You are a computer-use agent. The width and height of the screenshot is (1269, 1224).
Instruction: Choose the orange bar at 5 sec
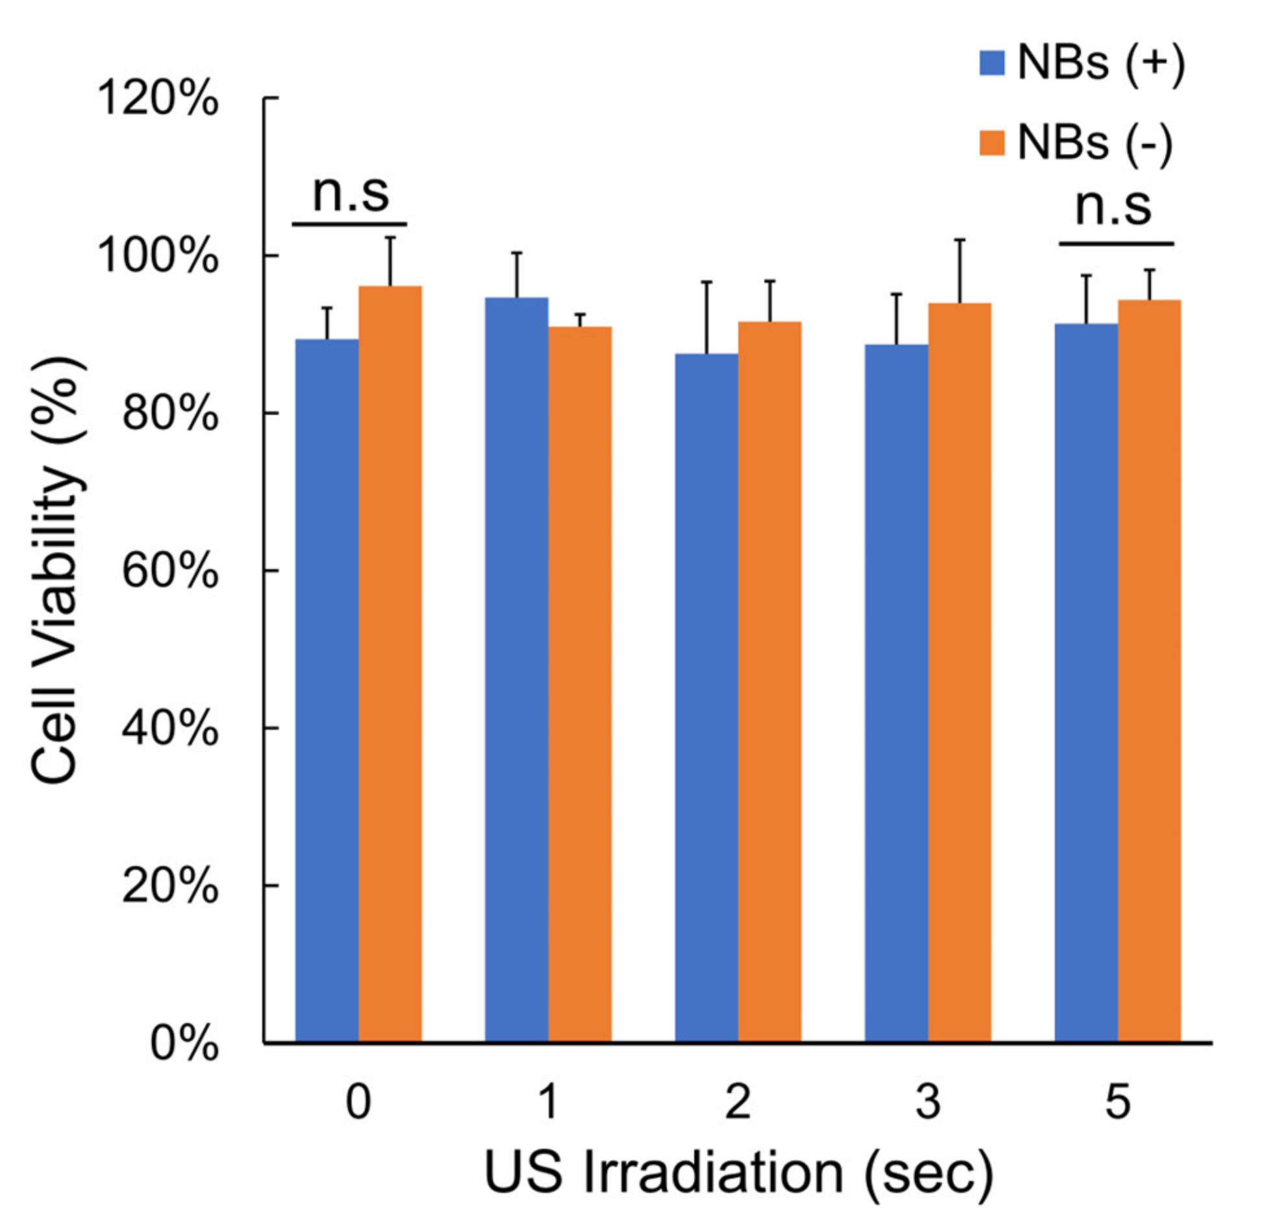click(1149, 672)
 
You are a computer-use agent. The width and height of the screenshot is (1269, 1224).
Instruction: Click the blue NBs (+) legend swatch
click(992, 64)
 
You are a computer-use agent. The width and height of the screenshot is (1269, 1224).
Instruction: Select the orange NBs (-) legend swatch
click(992, 143)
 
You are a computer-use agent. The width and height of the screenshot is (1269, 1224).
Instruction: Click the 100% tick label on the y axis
click(158, 257)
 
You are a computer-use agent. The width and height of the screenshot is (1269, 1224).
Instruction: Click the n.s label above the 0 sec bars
click(350, 193)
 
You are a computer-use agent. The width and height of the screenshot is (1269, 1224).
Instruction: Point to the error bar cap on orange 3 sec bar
click(960, 241)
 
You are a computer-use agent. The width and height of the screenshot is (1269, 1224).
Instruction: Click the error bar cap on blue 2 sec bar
click(707, 282)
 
